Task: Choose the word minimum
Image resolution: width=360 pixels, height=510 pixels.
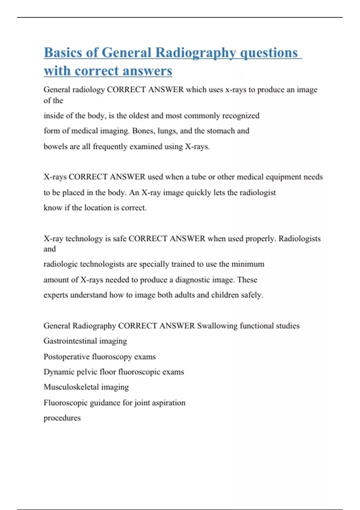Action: tap(247, 264)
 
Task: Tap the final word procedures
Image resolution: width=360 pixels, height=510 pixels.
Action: tap(62, 418)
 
